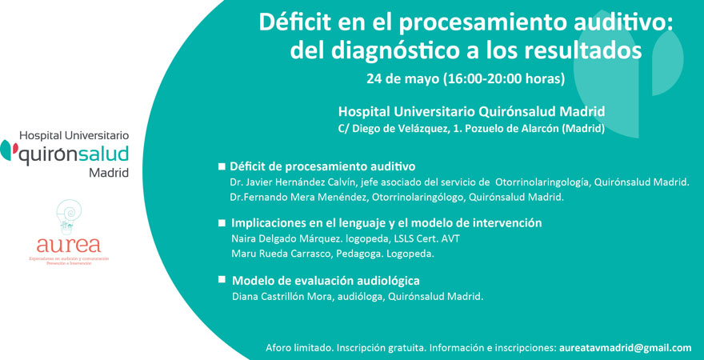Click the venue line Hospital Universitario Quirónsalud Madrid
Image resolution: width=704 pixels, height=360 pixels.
[471, 111]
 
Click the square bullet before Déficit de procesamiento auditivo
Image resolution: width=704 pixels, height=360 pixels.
[222, 166]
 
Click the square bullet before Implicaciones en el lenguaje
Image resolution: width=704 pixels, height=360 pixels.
[222, 223]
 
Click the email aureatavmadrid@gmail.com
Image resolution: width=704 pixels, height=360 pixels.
[625, 348]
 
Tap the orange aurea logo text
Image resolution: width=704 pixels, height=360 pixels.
[69, 244]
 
